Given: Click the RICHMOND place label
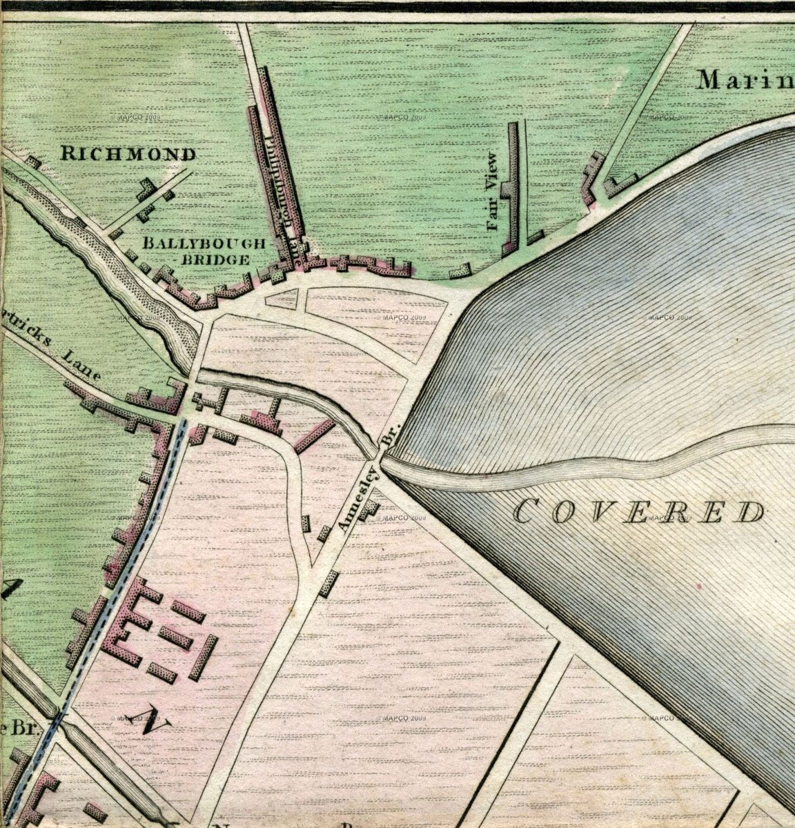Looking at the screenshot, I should [x=128, y=153].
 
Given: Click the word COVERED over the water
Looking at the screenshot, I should [x=640, y=511].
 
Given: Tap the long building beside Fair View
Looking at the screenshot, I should [x=511, y=186].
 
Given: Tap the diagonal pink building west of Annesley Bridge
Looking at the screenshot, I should [x=314, y=435].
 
